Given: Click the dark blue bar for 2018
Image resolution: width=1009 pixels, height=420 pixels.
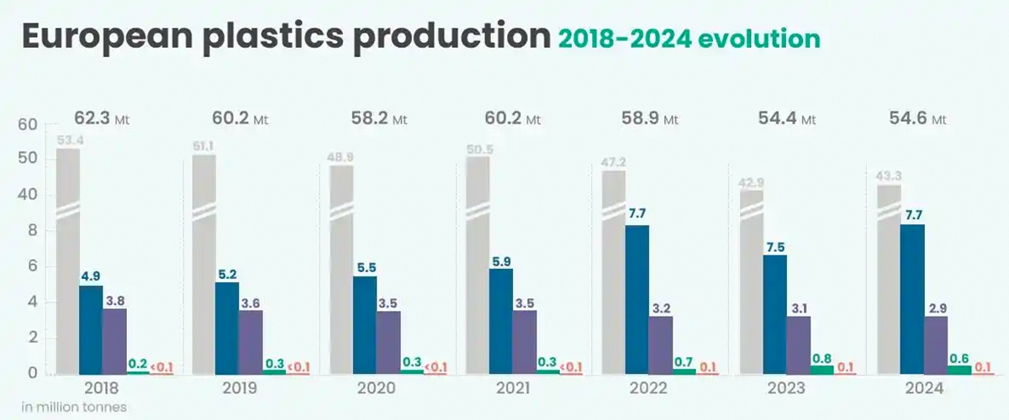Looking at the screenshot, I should tap(91, 329).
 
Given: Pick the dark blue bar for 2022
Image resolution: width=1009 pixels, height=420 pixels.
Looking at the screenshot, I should tap(637, 299).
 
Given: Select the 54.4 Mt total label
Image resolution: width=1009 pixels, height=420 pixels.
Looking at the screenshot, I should tap(783, 118).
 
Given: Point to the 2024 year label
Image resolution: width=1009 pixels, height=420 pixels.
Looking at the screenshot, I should tap(922, 389).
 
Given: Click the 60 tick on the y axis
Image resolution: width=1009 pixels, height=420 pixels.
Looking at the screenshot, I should tap(28, 125).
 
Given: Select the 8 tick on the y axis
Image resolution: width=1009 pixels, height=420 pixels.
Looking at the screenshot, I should tap(32, 231).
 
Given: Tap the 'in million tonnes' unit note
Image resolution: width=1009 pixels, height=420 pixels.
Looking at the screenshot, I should tap(74, 407).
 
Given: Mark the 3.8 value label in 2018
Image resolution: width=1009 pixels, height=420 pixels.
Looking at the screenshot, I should tap(114, 299).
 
